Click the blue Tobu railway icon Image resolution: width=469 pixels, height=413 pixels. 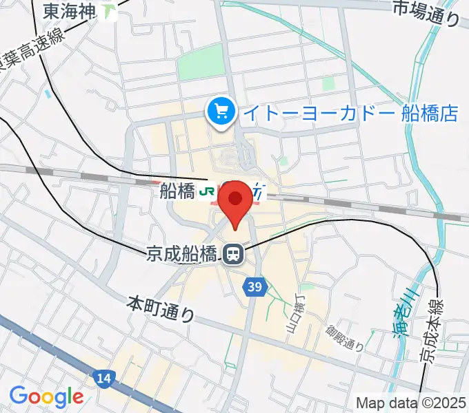(x=257, y=193)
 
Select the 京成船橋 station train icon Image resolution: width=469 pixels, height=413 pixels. (x=232, y=255)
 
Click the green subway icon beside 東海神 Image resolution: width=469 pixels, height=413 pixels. (x=109, y=11)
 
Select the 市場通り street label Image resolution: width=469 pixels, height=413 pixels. (x=426, y=12)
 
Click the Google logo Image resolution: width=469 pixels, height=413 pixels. (x=46, y=396)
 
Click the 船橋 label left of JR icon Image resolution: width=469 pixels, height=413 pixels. (x=177, y=192)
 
